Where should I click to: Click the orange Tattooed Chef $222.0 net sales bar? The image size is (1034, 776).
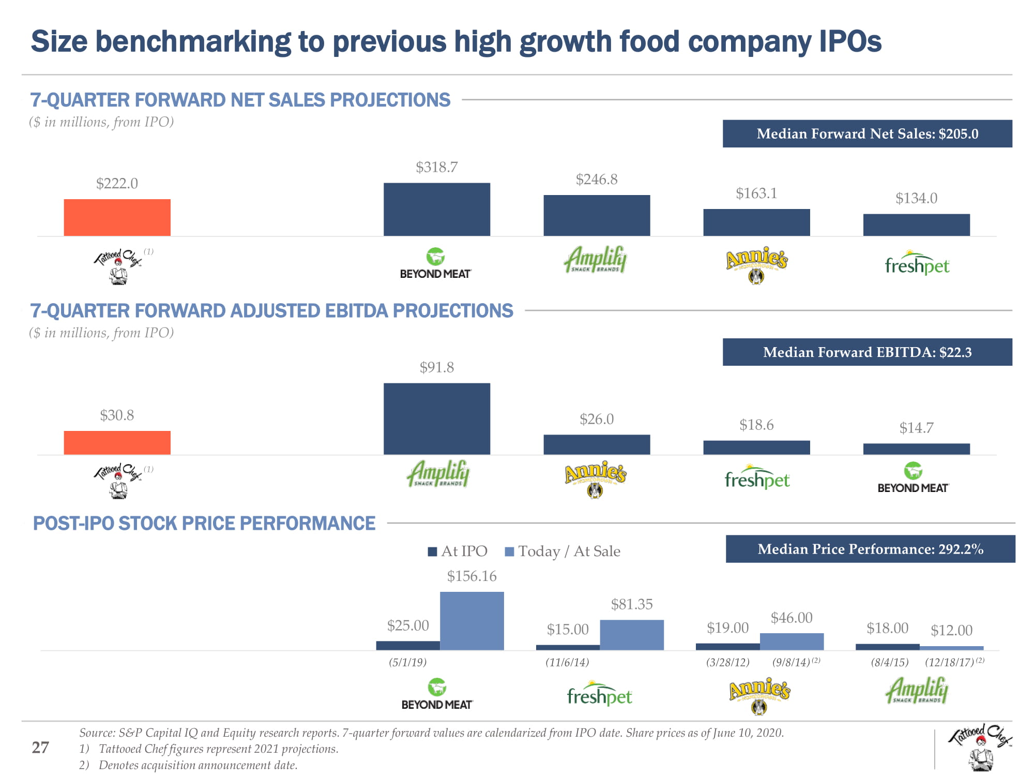[117, 217]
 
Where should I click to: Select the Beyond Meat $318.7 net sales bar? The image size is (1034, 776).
[436, 210]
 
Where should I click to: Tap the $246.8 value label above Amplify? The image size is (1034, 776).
[597, 180]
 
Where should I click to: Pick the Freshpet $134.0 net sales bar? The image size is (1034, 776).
[916, 225]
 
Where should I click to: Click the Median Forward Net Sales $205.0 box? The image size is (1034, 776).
[867, 134]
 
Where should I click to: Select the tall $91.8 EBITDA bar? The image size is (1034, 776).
[436, 419]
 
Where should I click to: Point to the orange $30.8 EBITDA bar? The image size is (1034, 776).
[117, 443]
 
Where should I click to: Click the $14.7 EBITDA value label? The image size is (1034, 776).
[916, 428]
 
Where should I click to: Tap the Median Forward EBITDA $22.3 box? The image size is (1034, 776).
[867, 352]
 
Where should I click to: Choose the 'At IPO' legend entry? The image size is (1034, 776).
[458, 551]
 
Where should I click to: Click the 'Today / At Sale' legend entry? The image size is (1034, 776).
[562, 551]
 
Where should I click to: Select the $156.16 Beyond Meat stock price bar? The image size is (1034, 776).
[472, 621]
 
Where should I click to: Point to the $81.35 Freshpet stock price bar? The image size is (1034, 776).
[631, 635]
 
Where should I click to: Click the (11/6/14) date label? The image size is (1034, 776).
[567, 662]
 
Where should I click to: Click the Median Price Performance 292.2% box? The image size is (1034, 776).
[870, 549]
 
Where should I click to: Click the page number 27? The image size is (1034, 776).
[40, 748]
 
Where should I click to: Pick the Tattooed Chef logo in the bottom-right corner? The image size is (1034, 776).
[979, 747]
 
